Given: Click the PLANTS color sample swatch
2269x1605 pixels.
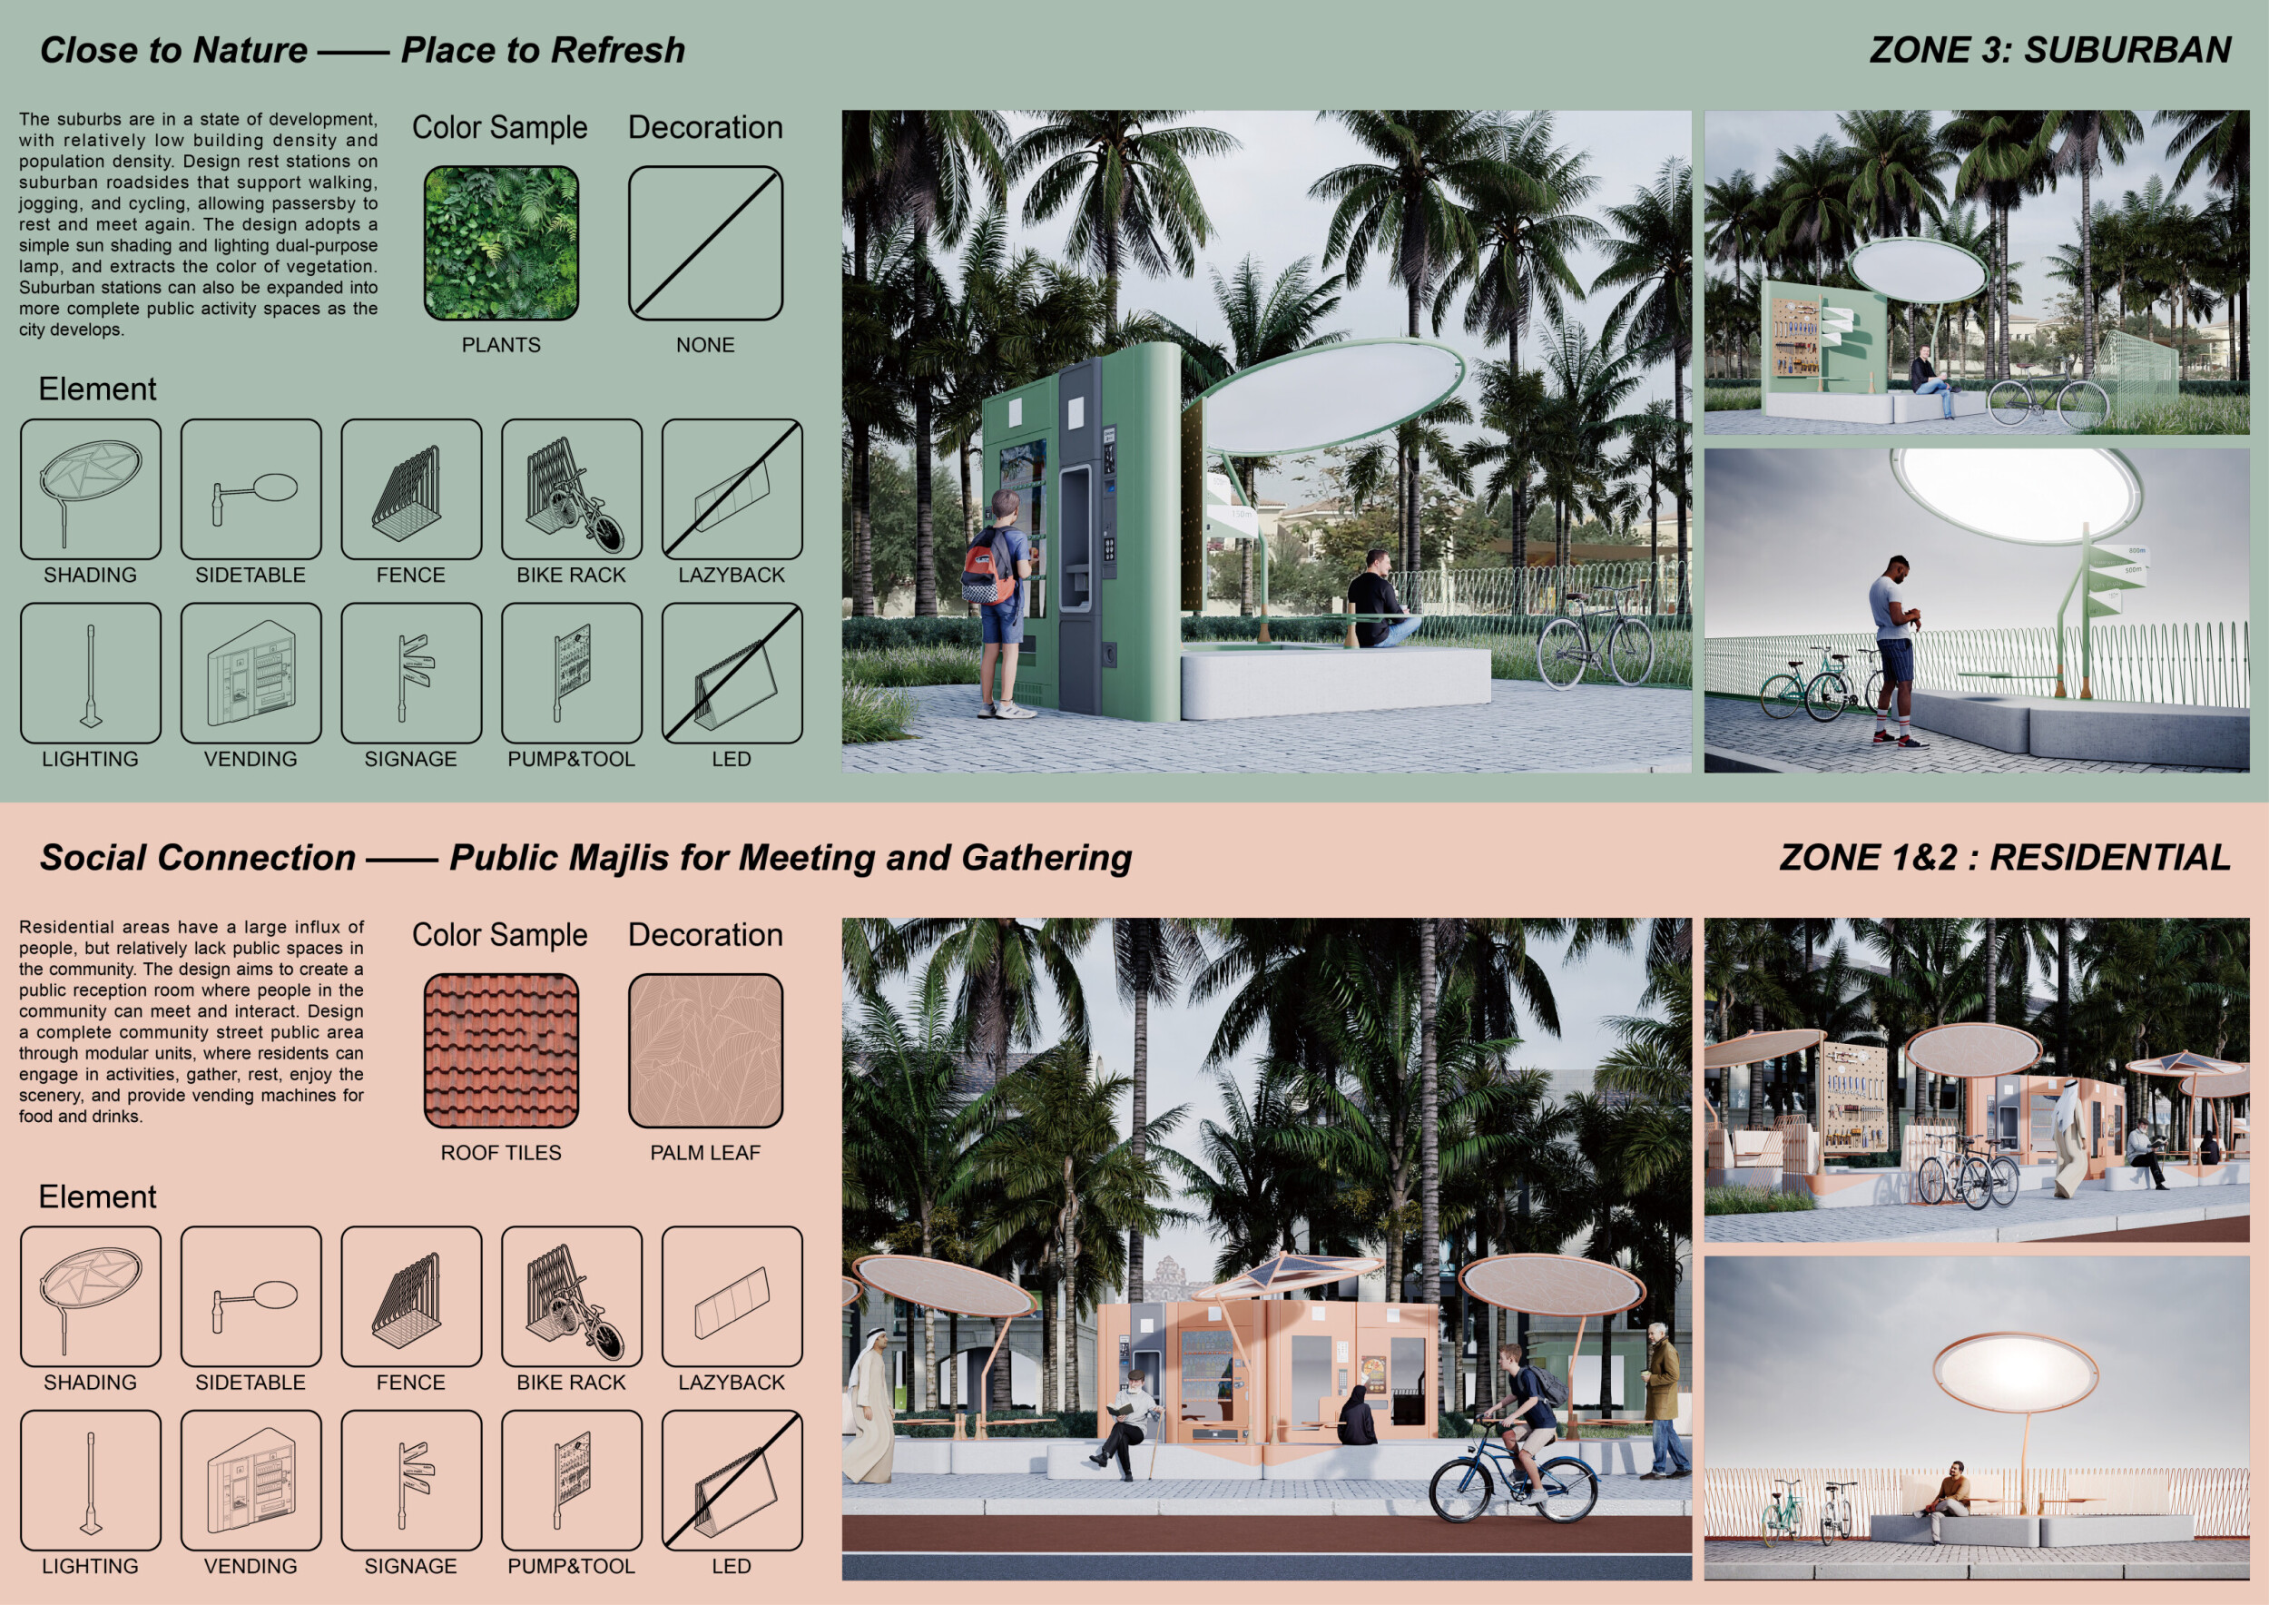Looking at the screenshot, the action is coord(501,243).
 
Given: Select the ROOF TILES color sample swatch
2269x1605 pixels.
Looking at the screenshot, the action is coord(501,1050).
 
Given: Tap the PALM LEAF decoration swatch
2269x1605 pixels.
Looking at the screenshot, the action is coord(705,1050).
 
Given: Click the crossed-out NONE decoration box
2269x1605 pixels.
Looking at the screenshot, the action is coord(705,243).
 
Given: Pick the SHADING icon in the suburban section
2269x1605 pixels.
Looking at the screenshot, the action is coord(90,489).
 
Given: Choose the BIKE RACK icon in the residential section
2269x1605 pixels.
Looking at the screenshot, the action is coord(571,1296).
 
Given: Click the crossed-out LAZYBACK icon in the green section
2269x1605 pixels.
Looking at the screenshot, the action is coord(732,489).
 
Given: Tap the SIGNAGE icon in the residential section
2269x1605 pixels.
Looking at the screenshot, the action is coord(411,1481).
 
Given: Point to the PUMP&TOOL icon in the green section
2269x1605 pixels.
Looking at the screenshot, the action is coord(571,673).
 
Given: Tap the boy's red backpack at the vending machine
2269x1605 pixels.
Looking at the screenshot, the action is coord(988,566).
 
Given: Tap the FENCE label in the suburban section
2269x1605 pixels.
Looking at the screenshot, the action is coord(411,576).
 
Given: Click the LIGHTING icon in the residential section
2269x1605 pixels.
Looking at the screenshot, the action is coord(90,1481).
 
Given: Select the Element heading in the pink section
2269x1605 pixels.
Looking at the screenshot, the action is coord(98,1196).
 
